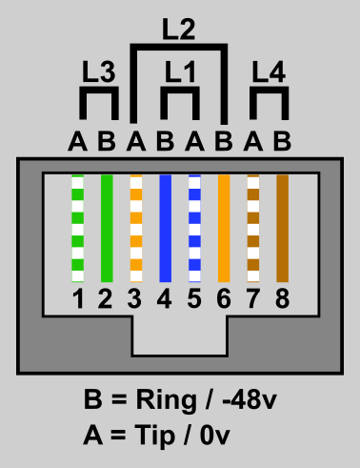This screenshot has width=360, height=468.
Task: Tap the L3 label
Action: click(x=99, y=71)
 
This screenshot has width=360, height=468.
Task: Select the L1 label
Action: click(x=180, y=71)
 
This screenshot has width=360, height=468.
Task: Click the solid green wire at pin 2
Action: click(x=107, y=229)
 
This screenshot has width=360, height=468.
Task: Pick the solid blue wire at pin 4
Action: click(x=165, y=229)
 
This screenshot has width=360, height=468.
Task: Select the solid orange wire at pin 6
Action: click(x=224, y=229)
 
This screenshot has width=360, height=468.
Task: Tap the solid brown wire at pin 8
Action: click(x=282, y=229)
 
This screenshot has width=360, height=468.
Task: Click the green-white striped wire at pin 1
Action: click(x=78, y=229)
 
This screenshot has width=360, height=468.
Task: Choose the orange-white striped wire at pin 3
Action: click(x=136, y=229)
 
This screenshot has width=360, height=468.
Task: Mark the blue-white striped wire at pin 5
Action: click(x=194, y=229)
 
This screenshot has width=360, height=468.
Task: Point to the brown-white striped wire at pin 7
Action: click(x=253, y=229)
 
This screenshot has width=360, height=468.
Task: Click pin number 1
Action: click(x=78, y=300)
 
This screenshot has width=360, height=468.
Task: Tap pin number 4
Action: click(x=165, y=300)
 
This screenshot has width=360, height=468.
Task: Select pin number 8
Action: click(x=282, y=300)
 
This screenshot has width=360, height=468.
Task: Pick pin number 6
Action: click(x=224, y=300)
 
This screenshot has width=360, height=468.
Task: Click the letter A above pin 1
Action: click(x=78, y=142)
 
